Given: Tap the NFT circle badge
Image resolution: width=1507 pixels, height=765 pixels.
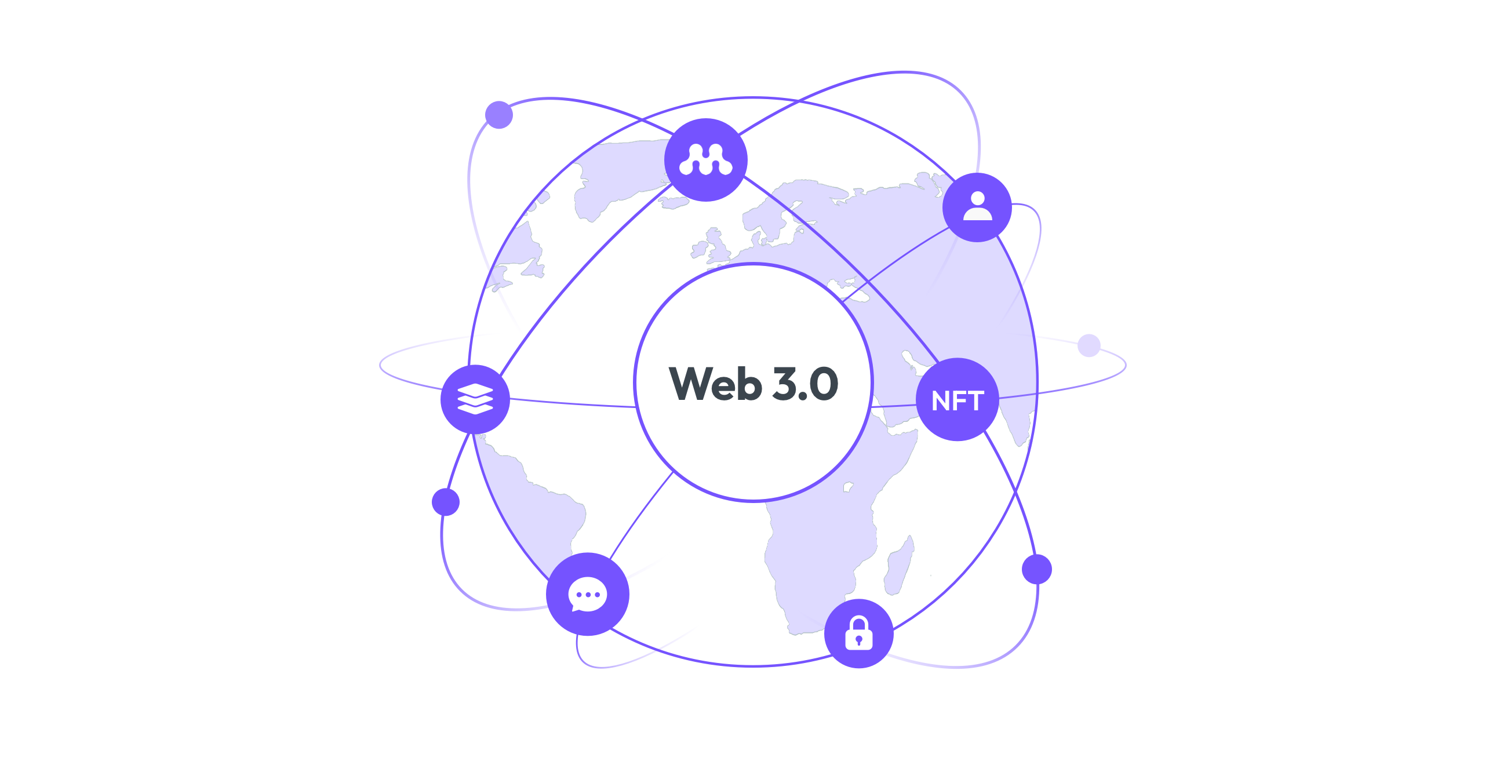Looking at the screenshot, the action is coord(957,399).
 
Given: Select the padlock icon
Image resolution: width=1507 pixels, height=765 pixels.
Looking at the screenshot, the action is coord(858,633).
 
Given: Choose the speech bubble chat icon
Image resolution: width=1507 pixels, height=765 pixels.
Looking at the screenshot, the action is coord(587,594).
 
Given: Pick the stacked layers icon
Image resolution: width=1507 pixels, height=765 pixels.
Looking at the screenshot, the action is coord(475,399).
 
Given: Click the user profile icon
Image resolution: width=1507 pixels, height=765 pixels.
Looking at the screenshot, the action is coord(977,206).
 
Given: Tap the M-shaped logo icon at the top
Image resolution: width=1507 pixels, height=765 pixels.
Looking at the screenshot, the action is coord(705,160).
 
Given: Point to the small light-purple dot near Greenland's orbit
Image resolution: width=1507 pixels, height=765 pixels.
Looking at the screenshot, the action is coord(499,115).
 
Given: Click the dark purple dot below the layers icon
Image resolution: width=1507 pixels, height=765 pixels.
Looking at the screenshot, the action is coord(446,502).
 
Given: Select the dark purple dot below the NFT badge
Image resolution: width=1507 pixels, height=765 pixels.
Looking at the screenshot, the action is coord(1037,569).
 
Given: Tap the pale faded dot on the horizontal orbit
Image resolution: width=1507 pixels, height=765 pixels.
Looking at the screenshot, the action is coord(1089,345).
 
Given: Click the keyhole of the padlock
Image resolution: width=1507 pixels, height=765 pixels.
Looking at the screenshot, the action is coord(858,640).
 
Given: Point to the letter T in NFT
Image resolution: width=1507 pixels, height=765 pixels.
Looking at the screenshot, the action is coord(975,401).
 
